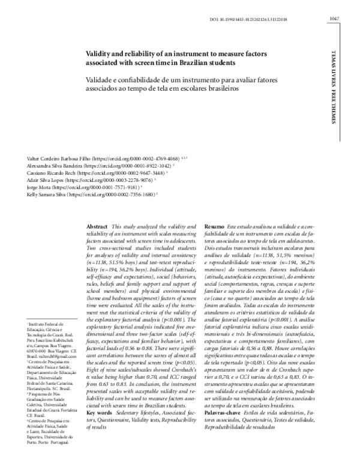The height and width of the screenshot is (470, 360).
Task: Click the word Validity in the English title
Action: (100, 53)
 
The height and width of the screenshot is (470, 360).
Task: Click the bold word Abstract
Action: (98, 221)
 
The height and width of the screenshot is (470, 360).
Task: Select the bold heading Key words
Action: (99, 413)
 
